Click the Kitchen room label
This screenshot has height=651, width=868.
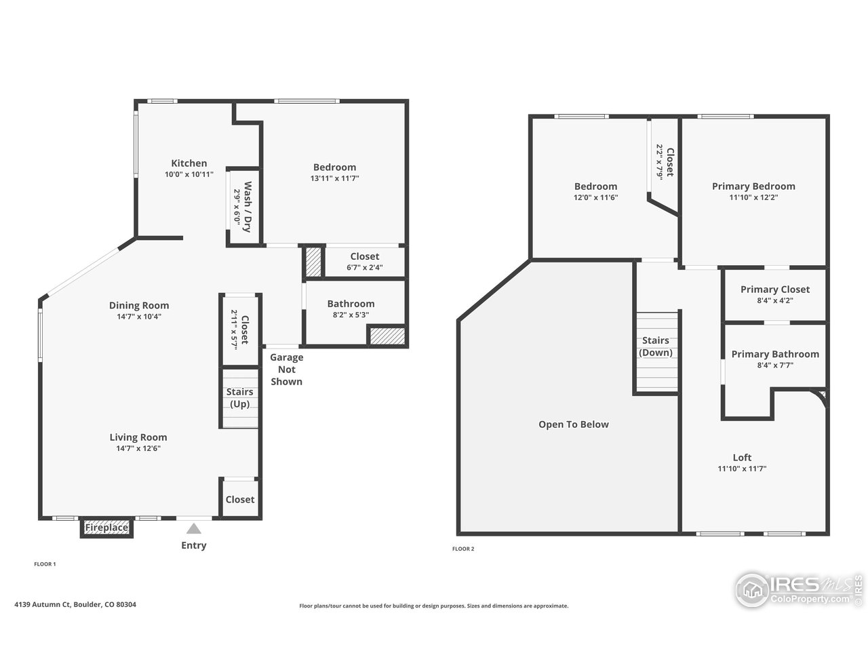(x=189, y=163)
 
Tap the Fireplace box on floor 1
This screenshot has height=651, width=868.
(x=106, y=528)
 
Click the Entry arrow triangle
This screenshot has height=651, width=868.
(x=194, y=529)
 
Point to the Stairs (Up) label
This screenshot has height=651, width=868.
(x=239, y=398)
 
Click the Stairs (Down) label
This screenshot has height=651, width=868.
(x=656, y=347)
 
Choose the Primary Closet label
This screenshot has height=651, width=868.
(x=774, y=290)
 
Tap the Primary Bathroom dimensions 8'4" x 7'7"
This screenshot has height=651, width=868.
(x=774, y=365)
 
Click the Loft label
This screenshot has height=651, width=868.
(x=742, y=458)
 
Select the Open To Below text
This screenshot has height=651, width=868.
(x=574, y=425)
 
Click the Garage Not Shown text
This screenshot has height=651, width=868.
(x=287, y=370)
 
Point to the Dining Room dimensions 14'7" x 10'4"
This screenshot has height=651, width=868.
(x=139, y=316)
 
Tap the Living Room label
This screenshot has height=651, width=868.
(x=138, y=437)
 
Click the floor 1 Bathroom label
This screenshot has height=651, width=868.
(x=351, y=304)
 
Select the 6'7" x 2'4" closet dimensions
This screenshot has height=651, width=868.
(x=364, y=267)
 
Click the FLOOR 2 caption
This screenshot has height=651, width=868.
(x=463, y=549)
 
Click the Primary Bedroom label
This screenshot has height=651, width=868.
(x=753, y=186)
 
